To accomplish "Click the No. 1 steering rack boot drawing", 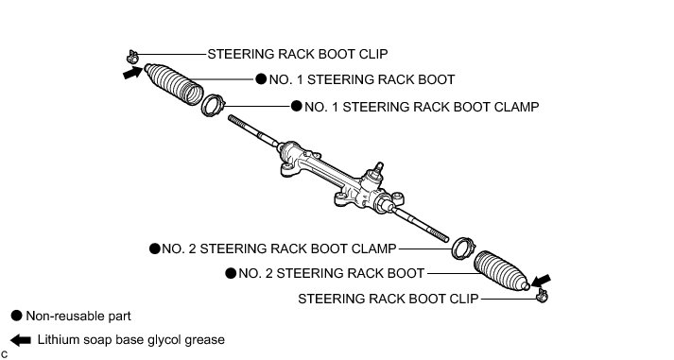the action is coord(174,84).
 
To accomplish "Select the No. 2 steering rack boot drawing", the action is coord(502,270).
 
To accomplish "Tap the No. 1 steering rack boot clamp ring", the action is coord(214,105).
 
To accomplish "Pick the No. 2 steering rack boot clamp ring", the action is coord(463,248).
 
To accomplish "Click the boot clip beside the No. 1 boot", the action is coord(131,57).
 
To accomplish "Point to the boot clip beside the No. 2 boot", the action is coord(542,295).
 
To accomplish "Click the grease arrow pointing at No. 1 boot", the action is coord(132,72).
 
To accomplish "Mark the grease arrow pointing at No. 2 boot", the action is coord(541,281).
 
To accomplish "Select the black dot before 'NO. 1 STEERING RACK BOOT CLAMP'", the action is coord(297,106).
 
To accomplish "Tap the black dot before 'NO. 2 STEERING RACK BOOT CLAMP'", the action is coord(155,249).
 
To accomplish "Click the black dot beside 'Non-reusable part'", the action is coord(16,316).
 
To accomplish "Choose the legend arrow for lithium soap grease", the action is coord(21,340).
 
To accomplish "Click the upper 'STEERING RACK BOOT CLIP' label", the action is coord(298,54).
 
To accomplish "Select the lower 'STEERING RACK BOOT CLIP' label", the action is coord(389,299).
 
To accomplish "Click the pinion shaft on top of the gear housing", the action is coord(378,168).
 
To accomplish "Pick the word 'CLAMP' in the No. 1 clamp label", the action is coord(516,107).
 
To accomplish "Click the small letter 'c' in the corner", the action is coord(4,354).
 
